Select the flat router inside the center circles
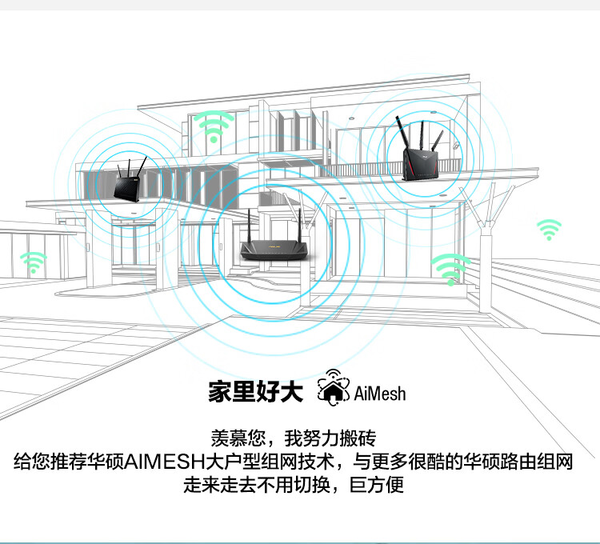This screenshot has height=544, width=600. [x=271, y=250]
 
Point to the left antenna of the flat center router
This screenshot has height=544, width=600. [x=250, y=224]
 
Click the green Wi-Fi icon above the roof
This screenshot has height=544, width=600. [x=213, y=126]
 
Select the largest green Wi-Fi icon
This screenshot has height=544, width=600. [x=450, y=268]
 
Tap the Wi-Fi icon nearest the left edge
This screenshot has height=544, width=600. [x=33, y=262]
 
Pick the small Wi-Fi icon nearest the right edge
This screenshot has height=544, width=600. [x=549, y=230]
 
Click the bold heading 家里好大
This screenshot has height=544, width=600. [x=255, y=392]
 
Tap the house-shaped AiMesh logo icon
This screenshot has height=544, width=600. [x=333, y=387]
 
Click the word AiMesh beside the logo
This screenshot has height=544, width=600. [x=379, y=393]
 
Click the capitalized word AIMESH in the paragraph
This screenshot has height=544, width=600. [x=170, y=462]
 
